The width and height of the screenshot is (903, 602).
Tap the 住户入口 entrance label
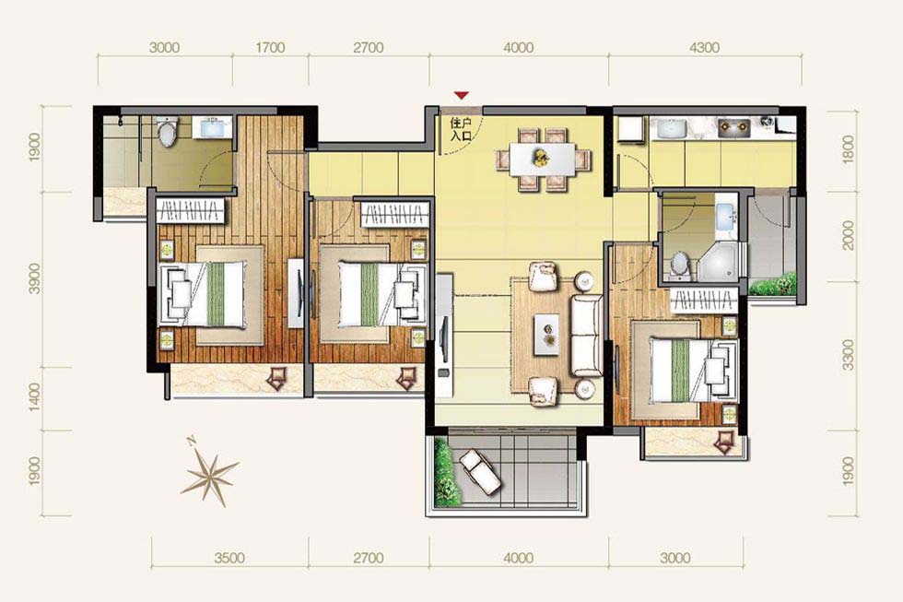[461, 129]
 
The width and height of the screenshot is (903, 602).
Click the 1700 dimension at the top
[270, 47]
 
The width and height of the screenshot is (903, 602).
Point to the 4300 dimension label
[704, 47]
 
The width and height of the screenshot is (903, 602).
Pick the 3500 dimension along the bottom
[229, 558]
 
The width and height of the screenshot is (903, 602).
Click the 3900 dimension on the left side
[35, 278]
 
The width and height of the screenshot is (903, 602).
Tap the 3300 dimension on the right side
[848, 355]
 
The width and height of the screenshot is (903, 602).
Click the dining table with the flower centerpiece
[542, 158]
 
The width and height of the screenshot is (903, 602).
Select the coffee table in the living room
[546, 334]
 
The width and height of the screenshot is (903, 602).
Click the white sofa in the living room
[586, 328]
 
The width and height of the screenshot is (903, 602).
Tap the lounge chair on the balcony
[479, 471]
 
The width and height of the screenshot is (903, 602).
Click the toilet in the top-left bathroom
[167, 132]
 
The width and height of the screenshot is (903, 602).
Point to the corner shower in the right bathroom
[719, 262]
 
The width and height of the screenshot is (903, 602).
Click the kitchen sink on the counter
[670, 129]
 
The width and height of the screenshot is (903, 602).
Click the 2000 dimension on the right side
[848, 235]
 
